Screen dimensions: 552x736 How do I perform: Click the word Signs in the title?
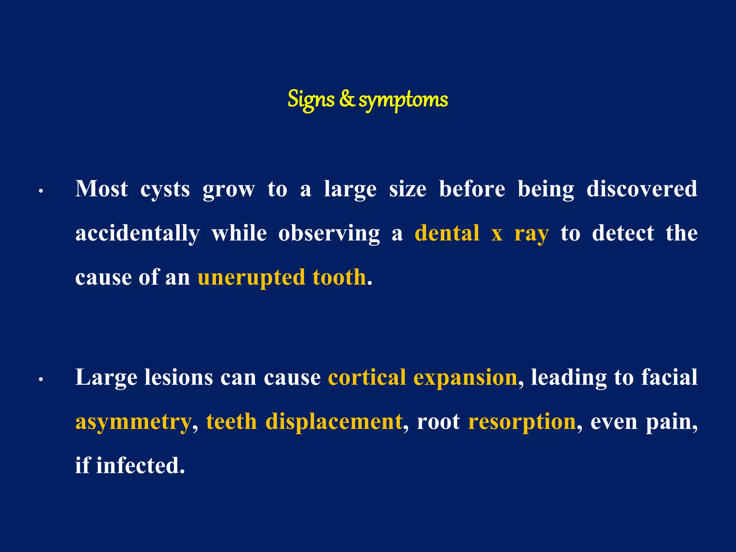(x=311, y=100)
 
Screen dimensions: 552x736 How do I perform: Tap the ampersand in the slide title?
(x=347, y=99)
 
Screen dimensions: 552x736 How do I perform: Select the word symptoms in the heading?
(x=403, y=100)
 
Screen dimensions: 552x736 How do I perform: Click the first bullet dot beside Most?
(x=41, y=191)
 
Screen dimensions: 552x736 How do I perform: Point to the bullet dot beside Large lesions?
(x=41, y=379)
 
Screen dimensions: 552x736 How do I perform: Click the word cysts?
(x=165, y=189)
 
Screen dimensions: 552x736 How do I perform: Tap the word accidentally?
(x=137, y=234)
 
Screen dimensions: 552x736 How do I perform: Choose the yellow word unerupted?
(x=251, y=278)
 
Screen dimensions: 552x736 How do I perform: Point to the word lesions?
(x=179, y=377)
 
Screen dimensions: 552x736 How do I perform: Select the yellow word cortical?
(x=367, y=377)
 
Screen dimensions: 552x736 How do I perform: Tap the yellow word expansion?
(x=465, y=378)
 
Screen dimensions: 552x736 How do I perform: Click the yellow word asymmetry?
(x=133, y=422)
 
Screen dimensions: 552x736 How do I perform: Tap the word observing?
(x=329, y=234)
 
